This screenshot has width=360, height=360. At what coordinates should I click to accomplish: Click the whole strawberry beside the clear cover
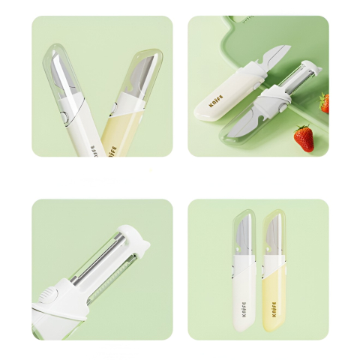pyautogui.click(x=303, y=137)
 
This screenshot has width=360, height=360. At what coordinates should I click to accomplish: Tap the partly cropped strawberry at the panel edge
pyautogui.click(x=325, y=103)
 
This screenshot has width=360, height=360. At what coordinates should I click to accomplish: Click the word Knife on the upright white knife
pyautogui.click(x=245, y=307)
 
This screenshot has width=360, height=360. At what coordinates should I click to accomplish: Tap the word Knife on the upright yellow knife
pyautogui.click(x=274, y=308)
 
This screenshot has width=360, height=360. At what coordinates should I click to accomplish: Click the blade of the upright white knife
pyautogui.click(x=245, y=234)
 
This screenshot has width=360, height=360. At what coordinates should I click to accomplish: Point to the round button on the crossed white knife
pyautogui.click(x=66, y=114)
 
